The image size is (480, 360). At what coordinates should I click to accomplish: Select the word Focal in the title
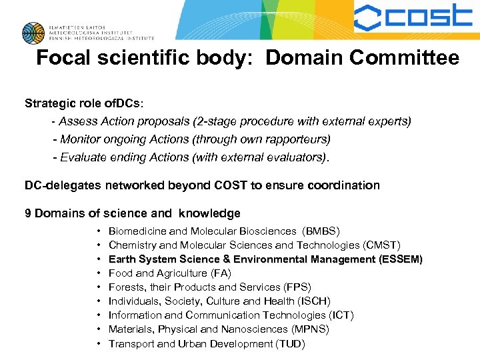click(x=62, y=58)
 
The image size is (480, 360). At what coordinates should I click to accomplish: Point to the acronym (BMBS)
click(x=321, y=231)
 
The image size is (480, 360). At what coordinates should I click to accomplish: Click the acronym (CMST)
click(x=380, y=245)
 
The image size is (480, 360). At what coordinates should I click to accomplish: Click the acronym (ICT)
click(x=341, y=315)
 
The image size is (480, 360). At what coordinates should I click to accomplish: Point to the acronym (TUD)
click(x=291, y=344)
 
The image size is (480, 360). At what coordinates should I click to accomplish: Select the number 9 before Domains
click(x=28, y=213)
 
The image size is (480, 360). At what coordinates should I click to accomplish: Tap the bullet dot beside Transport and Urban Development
click(x=99, y=344)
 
